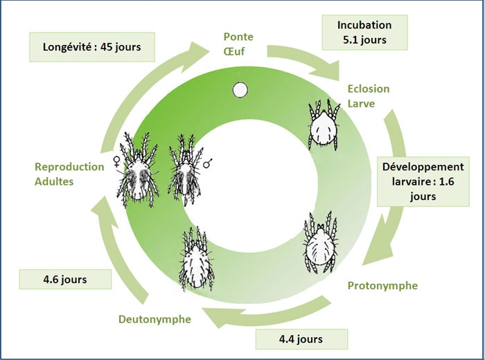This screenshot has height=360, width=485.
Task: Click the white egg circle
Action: click(x=240, y=89)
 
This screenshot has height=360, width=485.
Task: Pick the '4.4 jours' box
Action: click(x=300, y=339)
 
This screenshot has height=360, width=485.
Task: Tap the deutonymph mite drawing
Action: click(x=197, y=259)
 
